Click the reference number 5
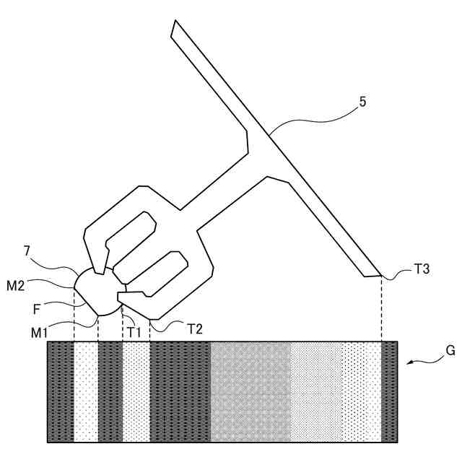pos(363,102)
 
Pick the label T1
pos(134,331)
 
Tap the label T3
pos(422,269)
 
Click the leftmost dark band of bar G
pos(61,391)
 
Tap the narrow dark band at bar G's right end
pos(389,391)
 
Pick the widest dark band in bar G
pos(180,391)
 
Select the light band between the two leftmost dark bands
pos(85,391)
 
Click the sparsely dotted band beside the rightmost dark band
pos(361,391)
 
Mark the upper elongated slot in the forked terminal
pos(130,231)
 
